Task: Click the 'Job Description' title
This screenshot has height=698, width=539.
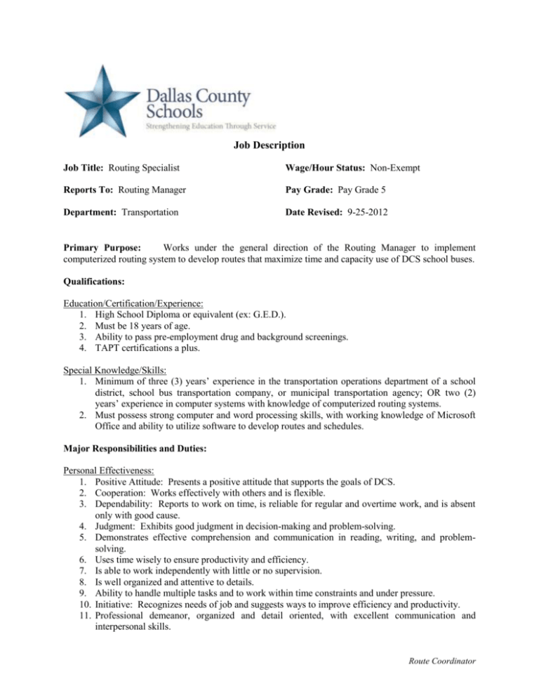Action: pyautogui.click(x=269, y=146)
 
